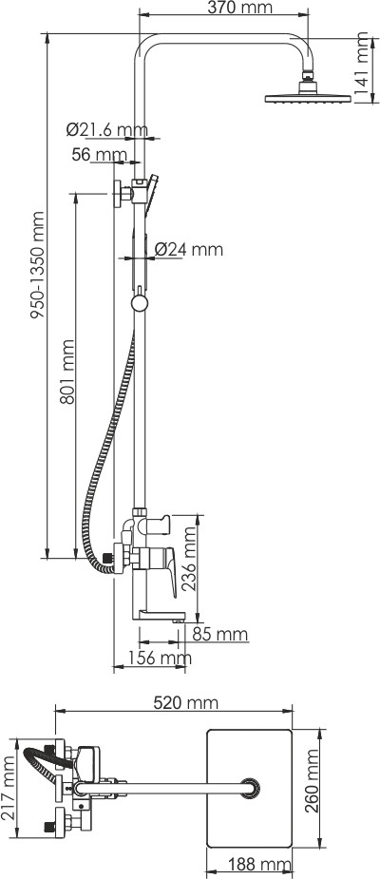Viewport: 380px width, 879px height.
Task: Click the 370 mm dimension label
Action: point(239,8)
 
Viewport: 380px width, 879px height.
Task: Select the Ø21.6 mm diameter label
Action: point(107,130)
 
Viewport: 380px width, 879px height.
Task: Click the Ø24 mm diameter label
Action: point(188,249)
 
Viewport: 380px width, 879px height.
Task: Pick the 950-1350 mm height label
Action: point(37,265)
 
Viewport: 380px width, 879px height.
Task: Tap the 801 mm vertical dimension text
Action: point(66,372)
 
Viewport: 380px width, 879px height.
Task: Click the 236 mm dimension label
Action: point(191,559)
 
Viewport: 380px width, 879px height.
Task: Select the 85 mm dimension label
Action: point(219,635)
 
